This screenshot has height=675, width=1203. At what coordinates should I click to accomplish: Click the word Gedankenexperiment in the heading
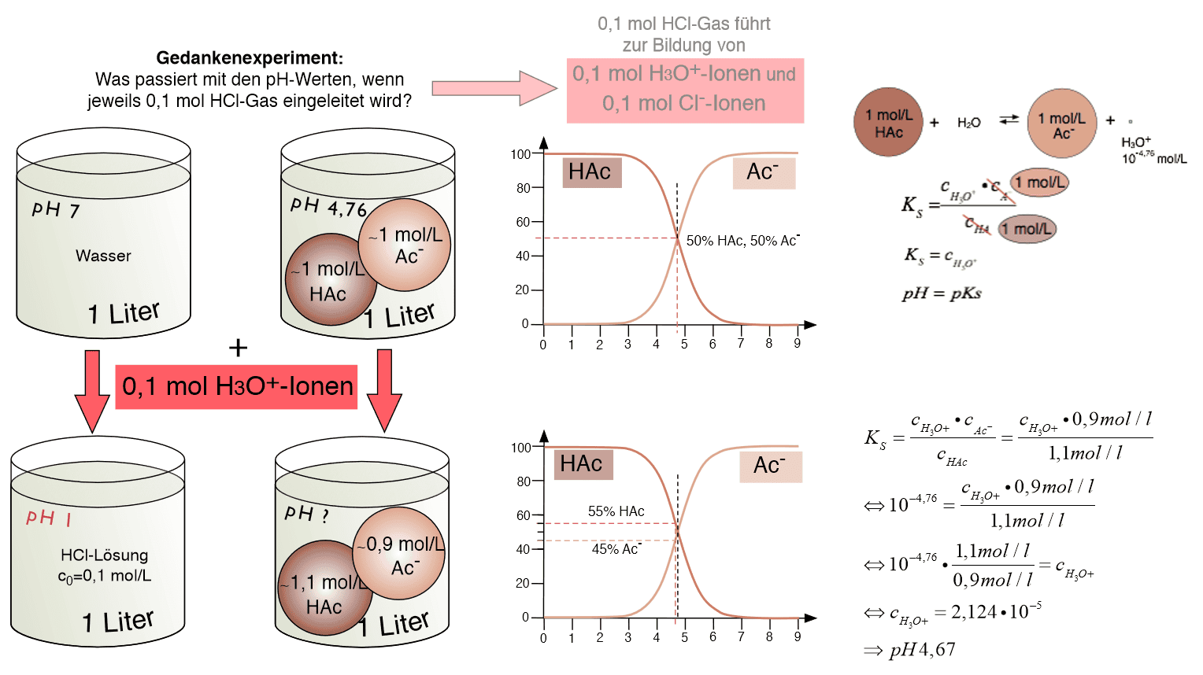point(249,57)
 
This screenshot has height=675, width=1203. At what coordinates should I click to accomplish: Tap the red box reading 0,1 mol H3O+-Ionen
point(236,386)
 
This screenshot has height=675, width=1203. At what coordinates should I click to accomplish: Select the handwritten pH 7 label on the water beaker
point(56,210)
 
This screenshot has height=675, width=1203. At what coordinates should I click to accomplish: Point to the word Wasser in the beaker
point(103,256)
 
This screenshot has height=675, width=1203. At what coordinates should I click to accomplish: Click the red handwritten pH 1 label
point(49,518)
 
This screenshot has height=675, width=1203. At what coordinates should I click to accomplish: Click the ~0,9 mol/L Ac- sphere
point(400,554)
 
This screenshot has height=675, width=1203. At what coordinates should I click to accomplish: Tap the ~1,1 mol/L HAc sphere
point(324,588)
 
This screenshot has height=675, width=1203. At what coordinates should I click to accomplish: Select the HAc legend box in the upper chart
point(591,172)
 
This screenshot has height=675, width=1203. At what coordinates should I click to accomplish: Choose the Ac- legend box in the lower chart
point(770,466)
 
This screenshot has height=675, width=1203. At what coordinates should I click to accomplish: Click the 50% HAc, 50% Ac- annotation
point(742,241)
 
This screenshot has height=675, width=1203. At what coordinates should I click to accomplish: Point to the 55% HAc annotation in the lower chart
point(616,511)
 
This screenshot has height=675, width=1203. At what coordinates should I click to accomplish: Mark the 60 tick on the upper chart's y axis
point(523,222)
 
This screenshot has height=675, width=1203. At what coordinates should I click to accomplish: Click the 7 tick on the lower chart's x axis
point(741,637)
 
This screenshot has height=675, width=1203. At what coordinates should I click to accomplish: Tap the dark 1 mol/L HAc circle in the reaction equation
point(888,123)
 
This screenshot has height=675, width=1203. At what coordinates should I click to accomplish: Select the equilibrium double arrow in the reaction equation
point(1009,120)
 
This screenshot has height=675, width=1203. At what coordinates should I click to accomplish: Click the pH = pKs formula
point(942,293)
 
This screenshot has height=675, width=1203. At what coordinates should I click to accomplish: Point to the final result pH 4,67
point(921,650)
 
